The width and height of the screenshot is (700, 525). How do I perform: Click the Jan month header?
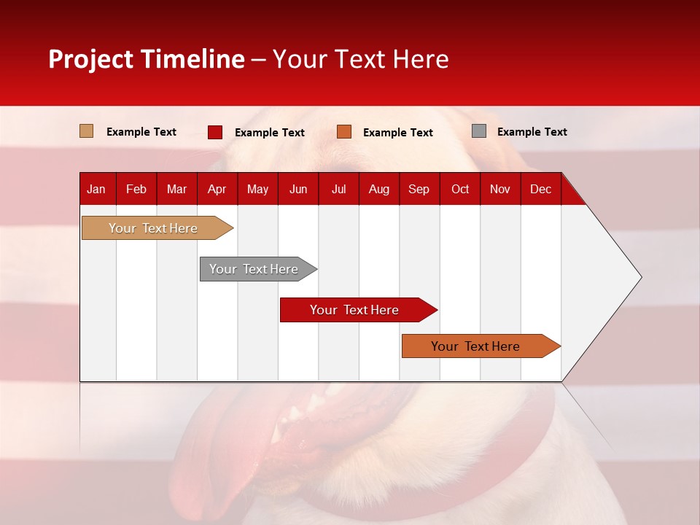coord(96,189)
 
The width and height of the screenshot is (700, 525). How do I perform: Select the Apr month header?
coord(217,189)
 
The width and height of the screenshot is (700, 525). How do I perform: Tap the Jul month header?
coord(338,189)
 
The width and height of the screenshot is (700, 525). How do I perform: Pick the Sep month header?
coord(419,189)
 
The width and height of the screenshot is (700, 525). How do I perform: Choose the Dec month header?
coord(540,189)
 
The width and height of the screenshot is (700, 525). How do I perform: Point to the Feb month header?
coord(136,189)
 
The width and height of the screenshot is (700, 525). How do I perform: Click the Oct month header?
coord(460,189)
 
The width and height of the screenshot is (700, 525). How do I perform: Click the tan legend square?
coord(87,131)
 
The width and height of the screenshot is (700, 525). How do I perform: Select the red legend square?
coord(215,132)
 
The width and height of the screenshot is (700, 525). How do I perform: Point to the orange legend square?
coord(344,132)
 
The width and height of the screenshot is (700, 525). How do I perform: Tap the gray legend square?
coord(479,131)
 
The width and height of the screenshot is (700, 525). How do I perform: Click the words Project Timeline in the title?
coord(147,59)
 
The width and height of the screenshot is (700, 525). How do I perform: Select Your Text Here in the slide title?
coord(361,59)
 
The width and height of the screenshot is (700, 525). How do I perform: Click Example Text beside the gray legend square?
coord(532,132)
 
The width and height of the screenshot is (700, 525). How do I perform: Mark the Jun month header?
coord(298,189)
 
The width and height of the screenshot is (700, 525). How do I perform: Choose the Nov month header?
coord(500,189)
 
